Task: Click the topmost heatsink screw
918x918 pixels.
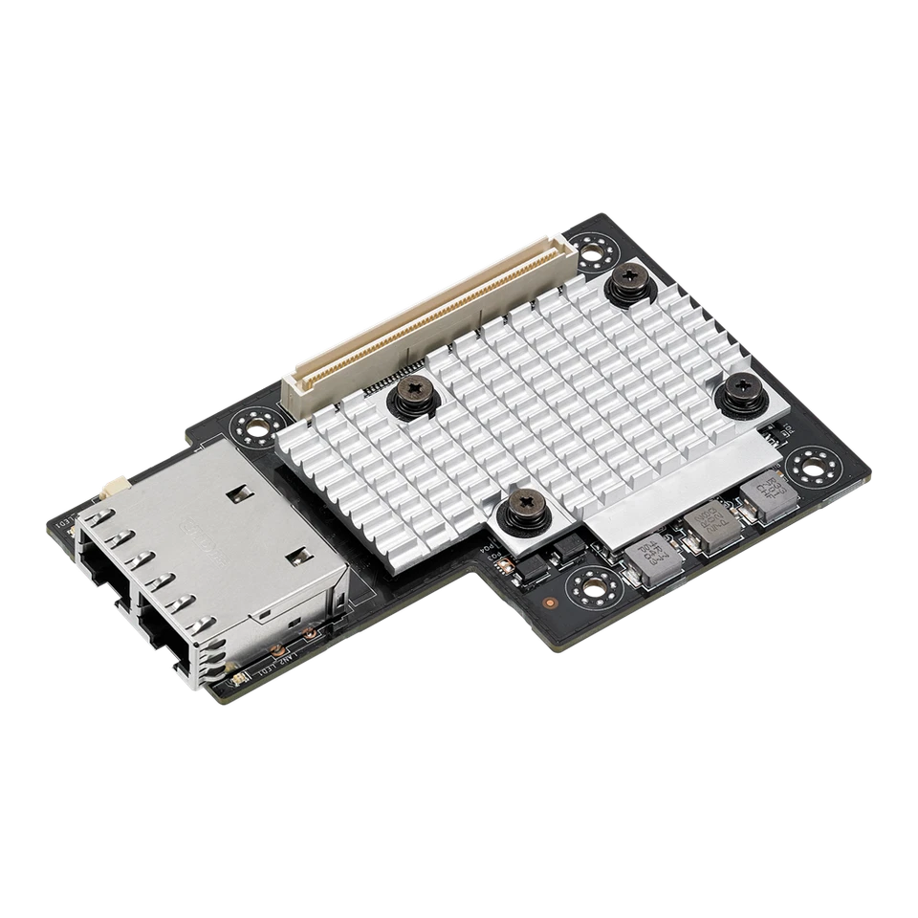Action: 628,279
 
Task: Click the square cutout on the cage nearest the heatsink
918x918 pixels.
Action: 237,494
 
